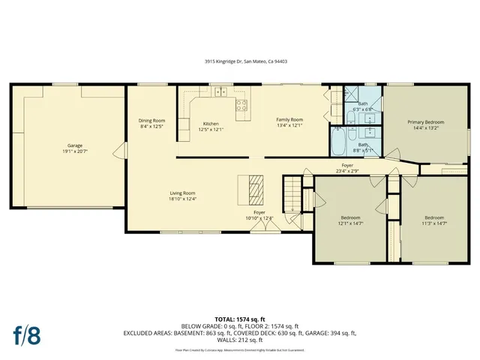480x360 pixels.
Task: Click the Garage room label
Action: point(75,145)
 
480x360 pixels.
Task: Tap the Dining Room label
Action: point(151,121)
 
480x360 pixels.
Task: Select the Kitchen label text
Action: point(211,123)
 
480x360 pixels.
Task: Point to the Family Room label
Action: point(289,120)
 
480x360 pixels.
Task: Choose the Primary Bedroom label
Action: point(425,122)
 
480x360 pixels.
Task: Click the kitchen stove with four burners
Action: point(241,105)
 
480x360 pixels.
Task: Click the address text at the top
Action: point(239,64)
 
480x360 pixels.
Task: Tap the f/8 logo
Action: point(26,334)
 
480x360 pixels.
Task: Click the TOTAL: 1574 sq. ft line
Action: point(239,319)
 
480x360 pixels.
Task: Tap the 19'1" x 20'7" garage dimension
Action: point(75,151)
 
